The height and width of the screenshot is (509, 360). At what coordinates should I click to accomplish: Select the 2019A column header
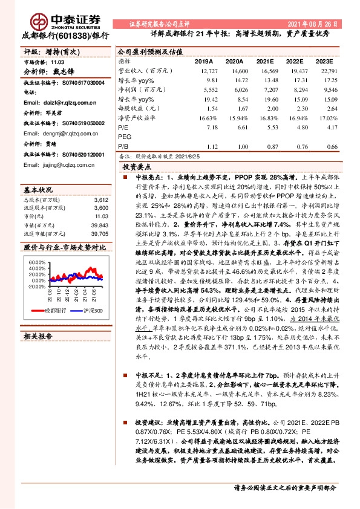pos(204,62)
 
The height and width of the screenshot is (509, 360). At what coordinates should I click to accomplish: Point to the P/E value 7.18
pos(211,128)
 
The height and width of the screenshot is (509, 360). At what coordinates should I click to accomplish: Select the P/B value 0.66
pos(332,146)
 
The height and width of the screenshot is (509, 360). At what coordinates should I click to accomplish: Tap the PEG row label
pos(124,137)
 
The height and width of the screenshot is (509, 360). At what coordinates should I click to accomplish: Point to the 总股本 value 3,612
pos(101,199)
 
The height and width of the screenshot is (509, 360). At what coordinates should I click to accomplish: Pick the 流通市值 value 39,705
pos(99,233)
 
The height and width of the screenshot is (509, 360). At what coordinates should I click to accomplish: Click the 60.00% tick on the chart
pos(36,262)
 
